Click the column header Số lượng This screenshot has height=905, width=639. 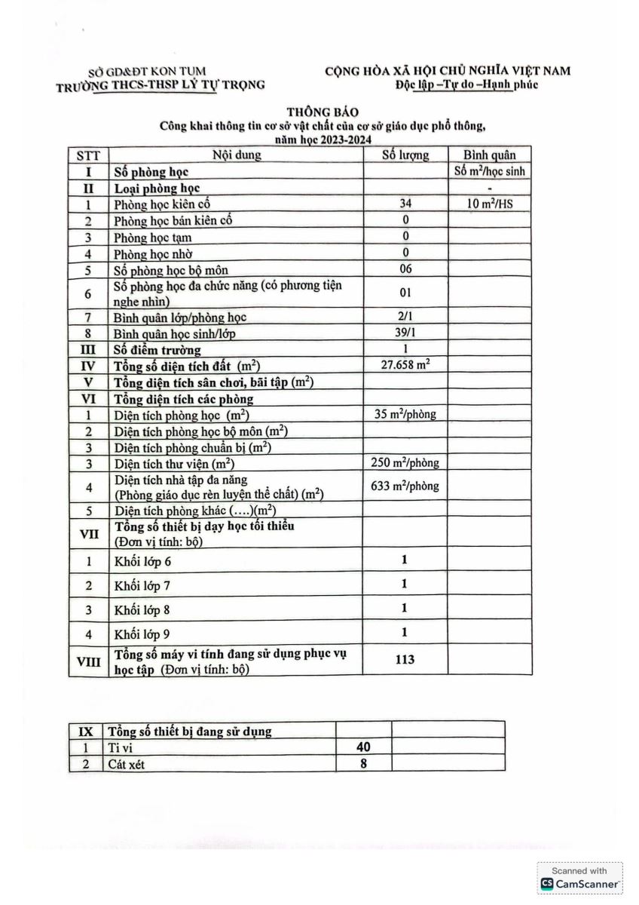[405, 155]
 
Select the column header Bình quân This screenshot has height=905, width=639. [490, 155]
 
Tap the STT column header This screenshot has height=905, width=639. [88, 156]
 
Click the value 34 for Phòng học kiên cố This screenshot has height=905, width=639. [406, 204]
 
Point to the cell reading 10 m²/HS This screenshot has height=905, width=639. [489, 204]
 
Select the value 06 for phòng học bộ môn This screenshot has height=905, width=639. [406, 269]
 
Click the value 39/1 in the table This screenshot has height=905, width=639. [405, 333]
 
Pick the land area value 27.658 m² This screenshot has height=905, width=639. [406, 365]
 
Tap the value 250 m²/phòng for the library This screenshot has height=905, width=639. [405, 462]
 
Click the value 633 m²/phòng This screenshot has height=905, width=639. [405, 486]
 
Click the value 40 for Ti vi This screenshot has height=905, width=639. [363, 747]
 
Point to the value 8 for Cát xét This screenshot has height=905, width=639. [363, 763]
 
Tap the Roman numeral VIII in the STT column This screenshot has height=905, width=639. [88, 661]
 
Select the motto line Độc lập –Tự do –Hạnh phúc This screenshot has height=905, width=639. [466, 84]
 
